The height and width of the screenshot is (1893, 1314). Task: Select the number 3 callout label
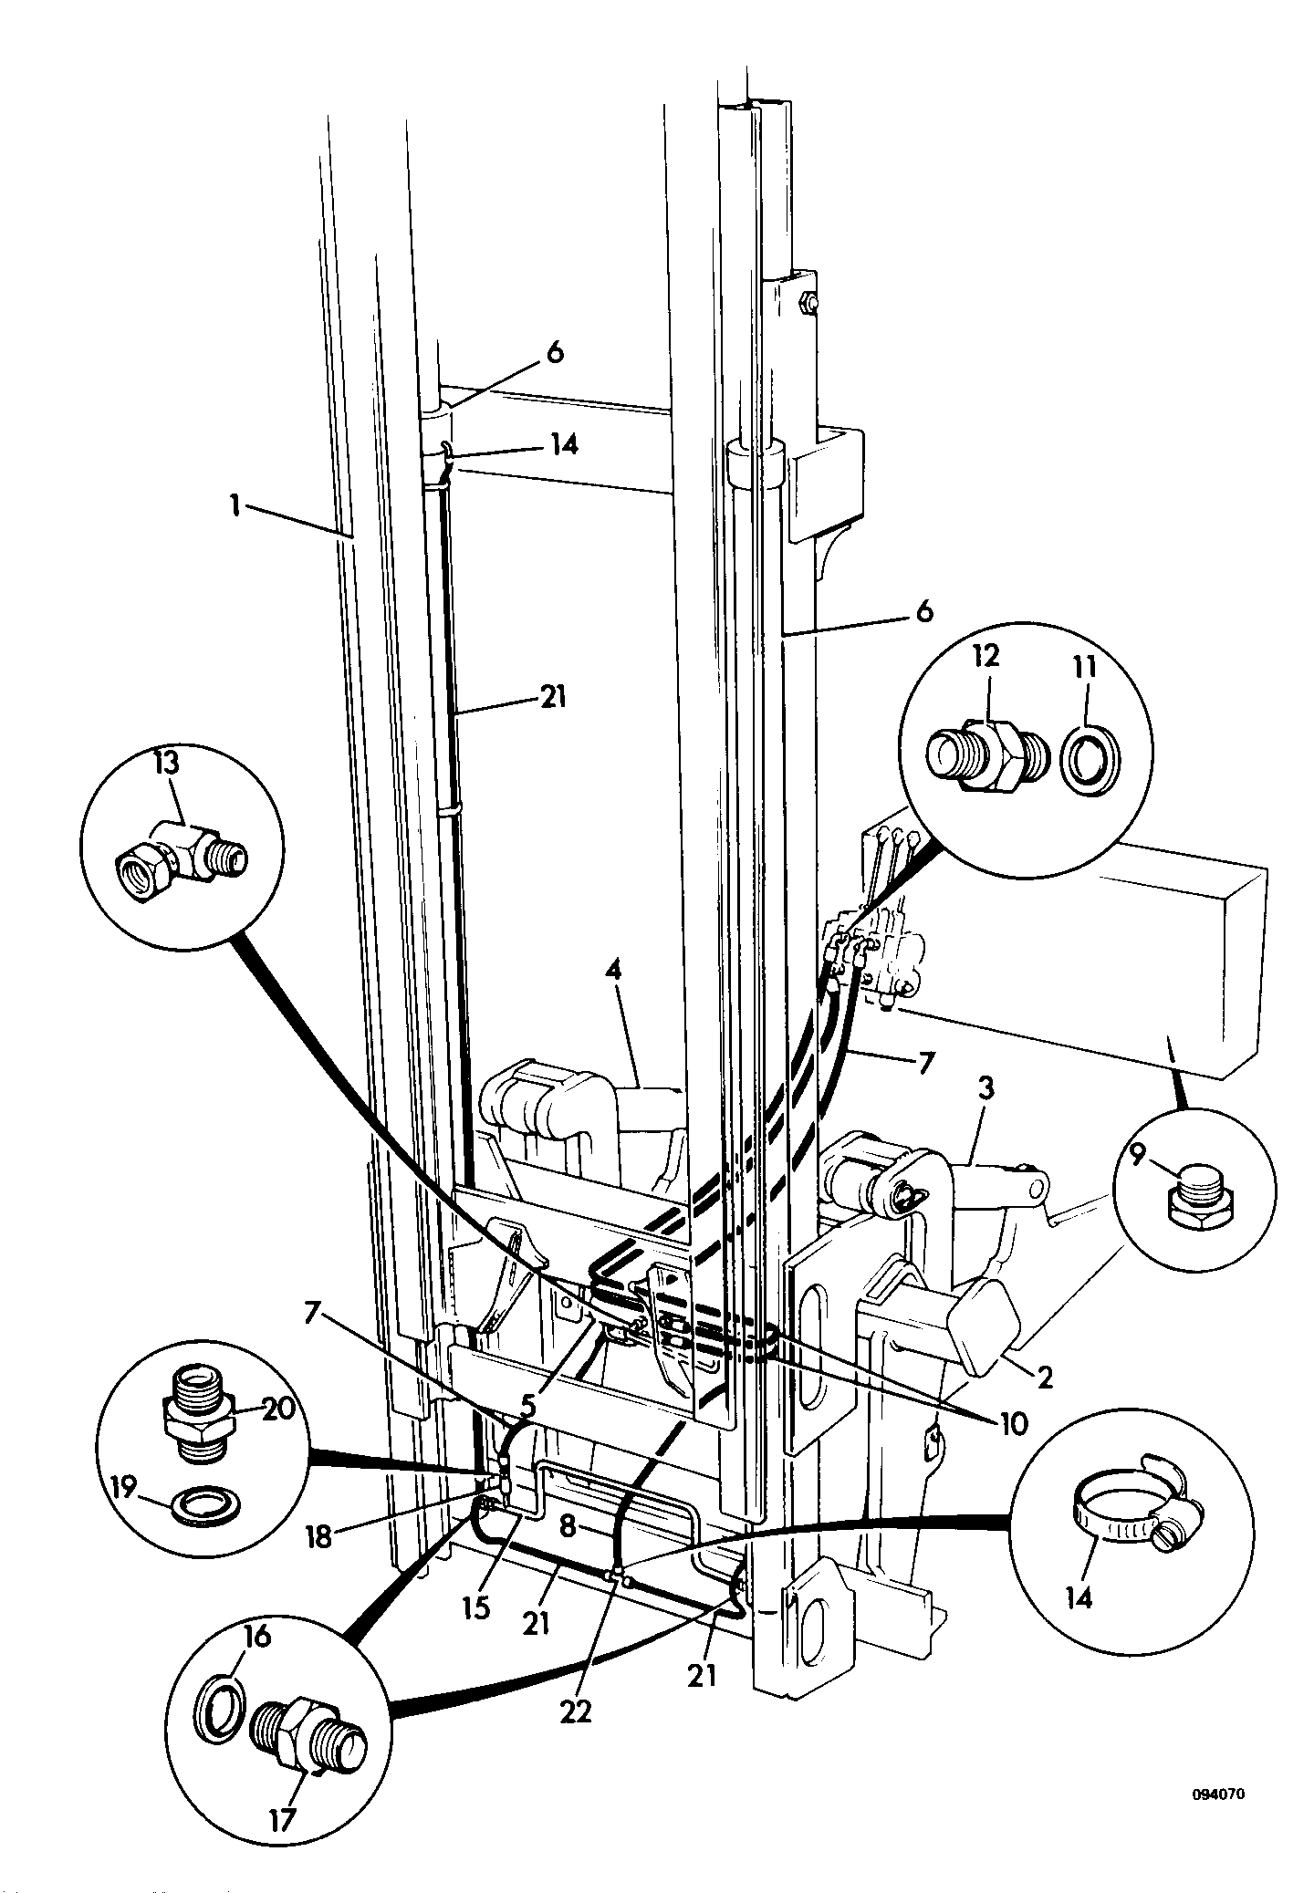click(x=986, y=1089)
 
